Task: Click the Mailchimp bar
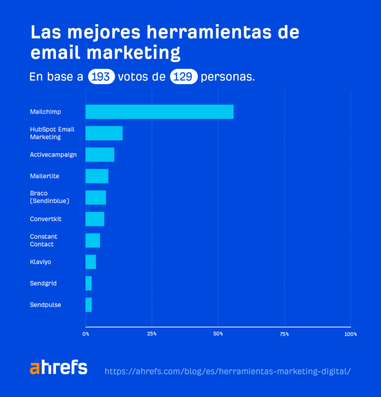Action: pyautogui.click(x=159, y=112)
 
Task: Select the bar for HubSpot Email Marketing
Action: pyautogui.click(x=104, y=133)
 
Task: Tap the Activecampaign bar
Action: pyautogui.click(x=100, y=154)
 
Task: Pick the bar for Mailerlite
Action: pyautogui.click(x=97, y=176)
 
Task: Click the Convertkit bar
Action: pyautogui.click(x=95, y=219)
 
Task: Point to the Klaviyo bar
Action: pyautogui.click(x=91, y=262)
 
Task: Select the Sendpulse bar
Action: pyautogui.click(x=89, y=305)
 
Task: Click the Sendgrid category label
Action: pyautogui.click(x=43, y=283)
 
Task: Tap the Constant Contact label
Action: pyautogui.click(x=44, y=241)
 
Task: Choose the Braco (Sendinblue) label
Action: pyautogui.click(x=49, y=197)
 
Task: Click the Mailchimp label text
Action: pyautogui.click(x=45, y=112)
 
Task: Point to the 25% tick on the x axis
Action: pyautogui.click(x=152, y=334)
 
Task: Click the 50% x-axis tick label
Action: pyautogui.click(x=218, y=334)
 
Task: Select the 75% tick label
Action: pyautogui.click(x=284, y=334)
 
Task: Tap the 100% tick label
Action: pyautogui.click(x=350, y=334)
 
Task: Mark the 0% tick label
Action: pyautogui.click(x=86, y=334)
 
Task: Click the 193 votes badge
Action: pyautogui.click(x=101, y=77)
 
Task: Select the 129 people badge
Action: pyautogui.click(x=184, y=77)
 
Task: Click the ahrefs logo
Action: pyautogui.click(x=59, y=368)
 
